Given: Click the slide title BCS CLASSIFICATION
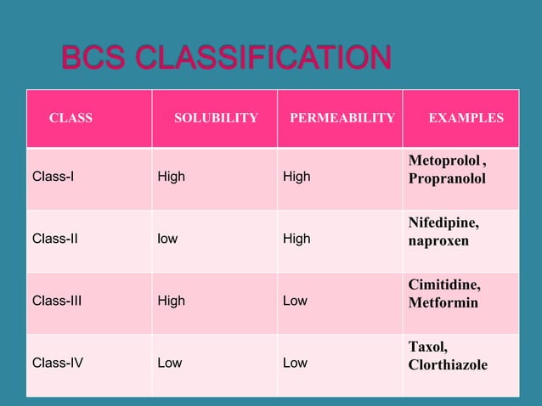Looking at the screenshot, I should [x=226, y=59].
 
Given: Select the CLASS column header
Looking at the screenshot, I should [x=71, y=118].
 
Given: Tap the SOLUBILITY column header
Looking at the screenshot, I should [x=216, y=118].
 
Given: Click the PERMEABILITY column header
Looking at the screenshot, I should [x=342, y=118].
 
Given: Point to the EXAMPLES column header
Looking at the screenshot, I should [x=466, y=118].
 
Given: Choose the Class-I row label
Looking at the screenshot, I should [x=53, y=177].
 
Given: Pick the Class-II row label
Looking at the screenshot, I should [x=54, y=239].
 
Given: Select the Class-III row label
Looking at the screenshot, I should [x=57, y=301].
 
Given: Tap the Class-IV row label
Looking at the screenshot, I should [x=58, y=363].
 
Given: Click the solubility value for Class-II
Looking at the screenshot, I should [x=167, y=239].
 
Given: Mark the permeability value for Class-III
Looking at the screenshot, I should [x=295, y=301].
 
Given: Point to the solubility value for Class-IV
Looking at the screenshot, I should [x=170, y=363].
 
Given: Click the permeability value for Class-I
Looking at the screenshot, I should [x=296, y=177].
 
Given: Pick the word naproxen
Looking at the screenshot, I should [x=438, y=241].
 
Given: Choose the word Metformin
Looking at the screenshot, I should [x=443, y=302].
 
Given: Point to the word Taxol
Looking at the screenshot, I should [x=427, y=347].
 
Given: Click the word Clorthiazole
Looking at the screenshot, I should [x=448, y=365].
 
